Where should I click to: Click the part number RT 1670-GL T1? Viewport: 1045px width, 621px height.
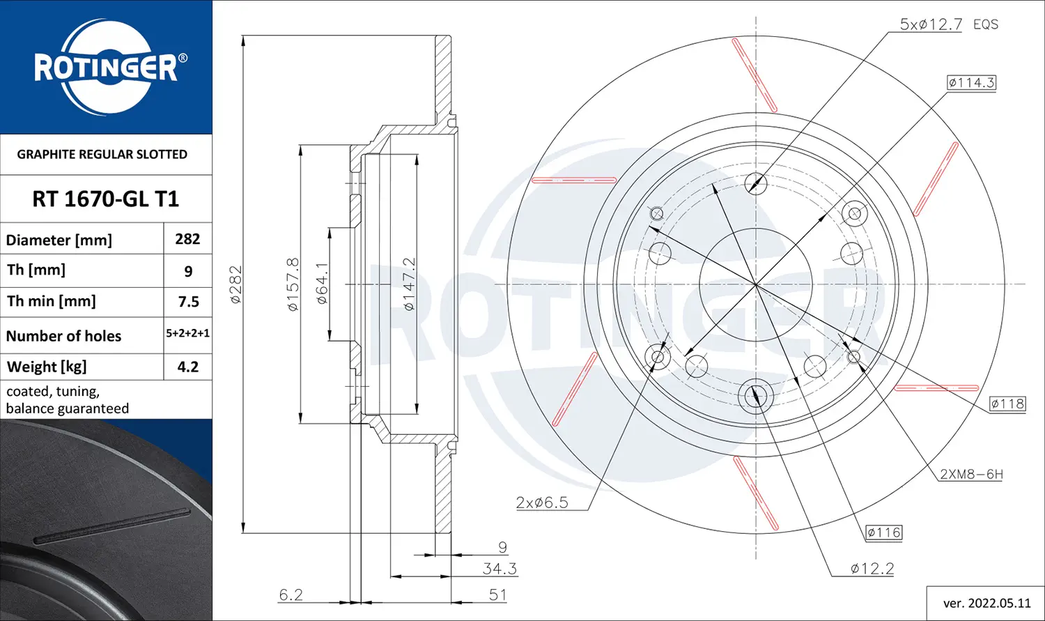point(105,199)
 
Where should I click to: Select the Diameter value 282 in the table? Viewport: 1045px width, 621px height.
point(187,239)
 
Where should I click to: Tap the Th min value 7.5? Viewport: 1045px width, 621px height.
point(189,301)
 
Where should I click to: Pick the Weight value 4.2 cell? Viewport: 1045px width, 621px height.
point(188,367)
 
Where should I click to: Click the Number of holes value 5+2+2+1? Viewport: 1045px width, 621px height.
point(188,333)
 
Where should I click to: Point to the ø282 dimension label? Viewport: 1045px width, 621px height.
point(236,284)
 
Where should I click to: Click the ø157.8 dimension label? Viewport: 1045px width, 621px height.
point(293,284)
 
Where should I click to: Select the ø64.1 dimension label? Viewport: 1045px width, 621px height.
point(322,283)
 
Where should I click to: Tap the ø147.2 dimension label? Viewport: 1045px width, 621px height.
point(409,284)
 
